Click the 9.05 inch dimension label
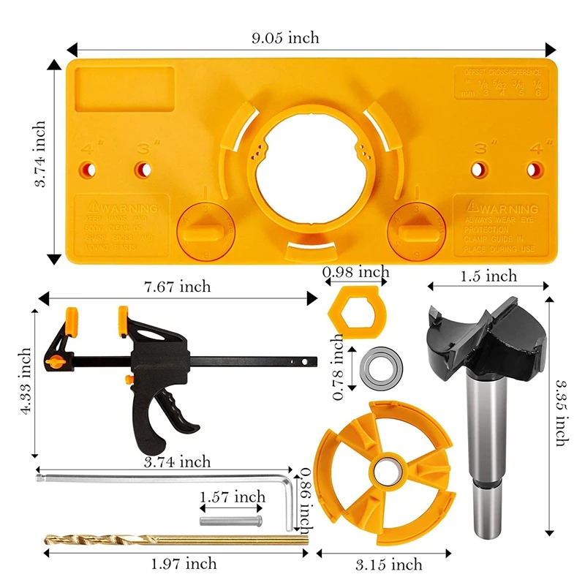pos(285,39)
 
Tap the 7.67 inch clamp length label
pos(177,287)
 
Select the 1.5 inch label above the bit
pos(489,276)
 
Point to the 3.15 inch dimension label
pos(388,564)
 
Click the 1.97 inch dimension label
pos(184,563)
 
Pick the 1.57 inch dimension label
pos(232,497)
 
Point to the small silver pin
pos(230,521)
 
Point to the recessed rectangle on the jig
pos(124,90)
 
